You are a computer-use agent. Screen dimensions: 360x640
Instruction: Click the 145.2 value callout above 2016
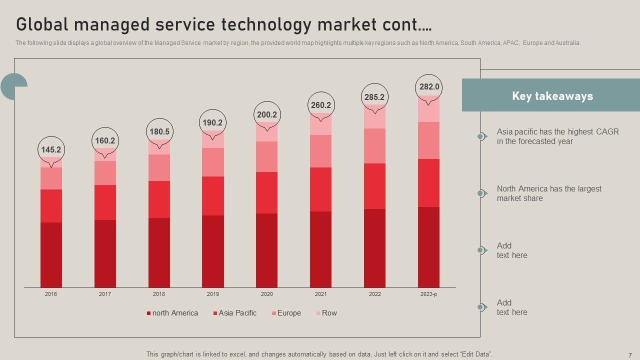point(51,149)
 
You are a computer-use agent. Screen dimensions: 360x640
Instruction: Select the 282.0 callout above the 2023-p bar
point(429,87)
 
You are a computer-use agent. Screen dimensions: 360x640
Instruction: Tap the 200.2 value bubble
point(267,114)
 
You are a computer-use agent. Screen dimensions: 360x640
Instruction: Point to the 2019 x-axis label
point(213,294)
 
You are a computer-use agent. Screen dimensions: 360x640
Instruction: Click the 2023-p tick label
point(428,294)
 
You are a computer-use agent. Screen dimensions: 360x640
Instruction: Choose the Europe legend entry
point(286,313)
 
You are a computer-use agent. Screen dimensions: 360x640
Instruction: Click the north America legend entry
point(172,313)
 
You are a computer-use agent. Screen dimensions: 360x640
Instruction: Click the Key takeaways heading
point(552,96)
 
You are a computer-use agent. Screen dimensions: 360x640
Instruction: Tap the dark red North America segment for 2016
point(51,255)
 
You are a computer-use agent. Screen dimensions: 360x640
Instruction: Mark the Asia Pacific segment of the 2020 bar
point(267,193)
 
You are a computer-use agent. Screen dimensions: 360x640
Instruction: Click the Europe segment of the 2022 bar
point(374,146)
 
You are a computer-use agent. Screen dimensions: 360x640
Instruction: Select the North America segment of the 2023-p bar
point(428,247)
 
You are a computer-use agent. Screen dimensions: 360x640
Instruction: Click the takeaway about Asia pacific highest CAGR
point(557,136)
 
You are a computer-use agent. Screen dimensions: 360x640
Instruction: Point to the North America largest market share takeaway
point(549,193)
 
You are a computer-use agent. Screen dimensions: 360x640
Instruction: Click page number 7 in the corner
point(630,354)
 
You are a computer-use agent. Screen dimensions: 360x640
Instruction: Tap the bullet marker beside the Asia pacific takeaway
point(481,136)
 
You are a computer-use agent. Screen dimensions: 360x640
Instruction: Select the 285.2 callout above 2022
point(374,97)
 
